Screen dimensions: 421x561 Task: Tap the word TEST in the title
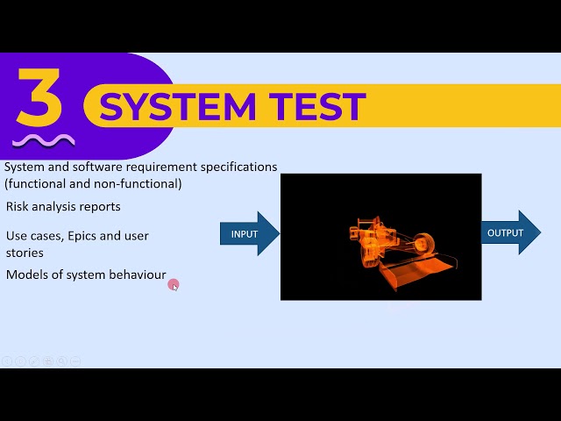(x=321, y=107)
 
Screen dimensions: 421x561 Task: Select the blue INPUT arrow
(x=249, y=233)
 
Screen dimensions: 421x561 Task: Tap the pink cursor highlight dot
(x=174, y=284)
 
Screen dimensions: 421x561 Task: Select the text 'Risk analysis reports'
(x=63, y=207)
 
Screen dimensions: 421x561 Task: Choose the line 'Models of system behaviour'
(x=86, y=275)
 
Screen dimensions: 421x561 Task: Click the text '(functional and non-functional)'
(x=93, y=183)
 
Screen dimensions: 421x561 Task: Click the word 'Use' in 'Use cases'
(x=17, y=236)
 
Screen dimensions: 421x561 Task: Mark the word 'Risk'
(x=18, y=207)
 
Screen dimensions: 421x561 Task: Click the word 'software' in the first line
(x=96, y=167)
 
